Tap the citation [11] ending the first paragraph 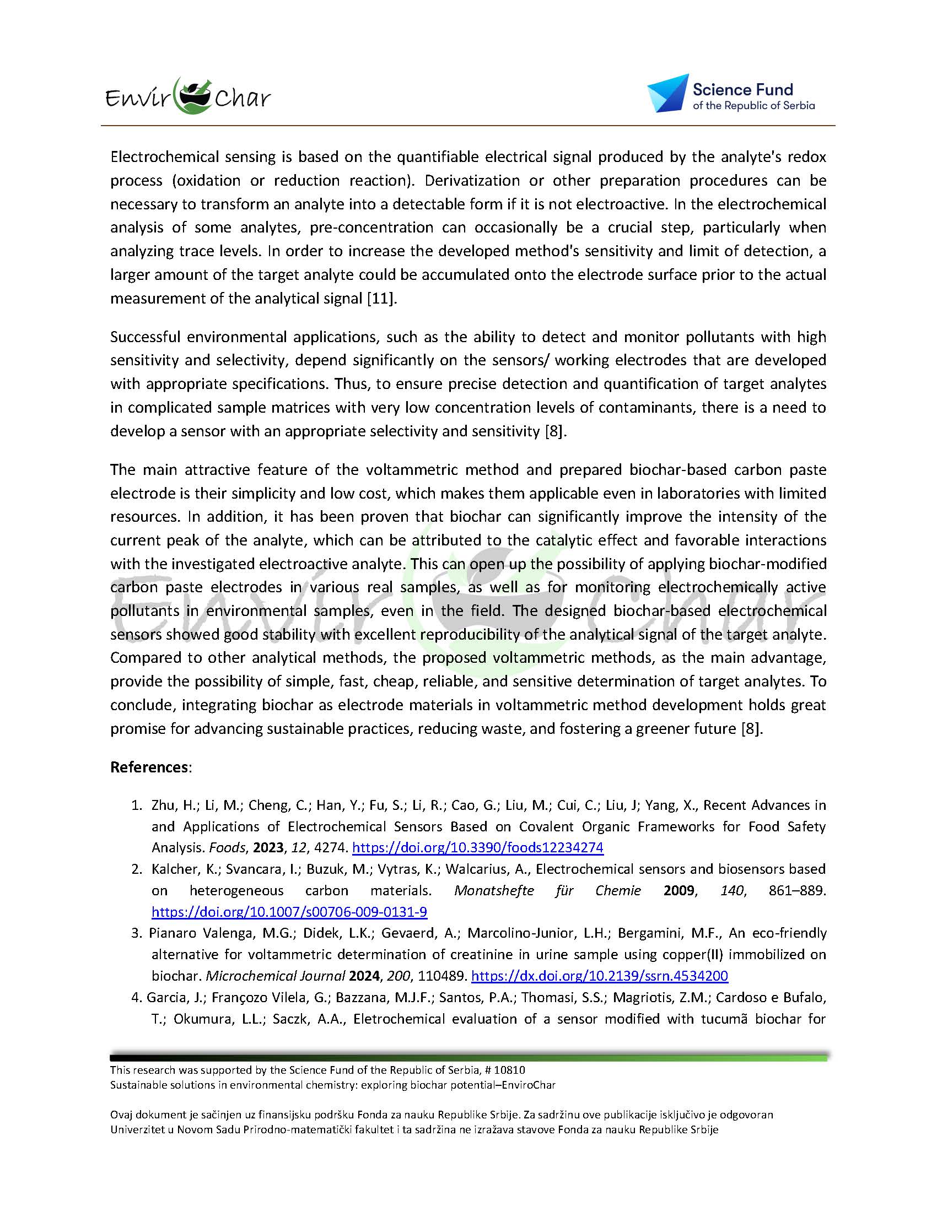(382, 299)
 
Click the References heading (150, 767)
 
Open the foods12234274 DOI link (477, 848)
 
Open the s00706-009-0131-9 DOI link (289, 912)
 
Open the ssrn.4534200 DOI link (600, 976)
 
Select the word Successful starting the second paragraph (146, 337)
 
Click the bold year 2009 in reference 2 (678, 891)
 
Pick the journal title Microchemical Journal (275, 976)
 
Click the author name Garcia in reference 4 (163, 997)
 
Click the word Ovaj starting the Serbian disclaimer (122, 1115)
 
